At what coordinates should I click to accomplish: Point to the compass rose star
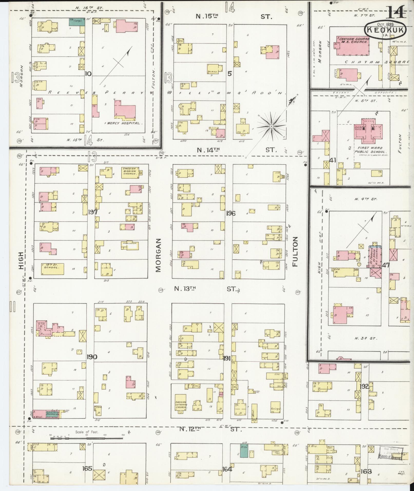pyautogui.click(x=271, y=126)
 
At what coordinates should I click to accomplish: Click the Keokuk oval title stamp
pyautogui.click(x=385, y=30)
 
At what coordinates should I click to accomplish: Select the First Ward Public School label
pyautogui.click(x=368, y=150)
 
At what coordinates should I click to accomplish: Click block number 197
pyautogui.click(x=92, y=212)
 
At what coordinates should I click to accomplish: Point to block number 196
pyautogui.click(x=231, y=213)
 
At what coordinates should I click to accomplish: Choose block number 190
pyautogui.click(x=92, y=357)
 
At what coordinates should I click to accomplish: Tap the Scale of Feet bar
pyautogui.click(x=86, y=436)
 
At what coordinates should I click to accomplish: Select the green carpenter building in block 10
pyautogui.click(x=77, y=22)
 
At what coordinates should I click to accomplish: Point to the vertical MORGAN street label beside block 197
pyautogui.click(x=158, y=255)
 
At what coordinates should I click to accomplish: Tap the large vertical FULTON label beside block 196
pyautogui.click(x=295, y=252)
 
